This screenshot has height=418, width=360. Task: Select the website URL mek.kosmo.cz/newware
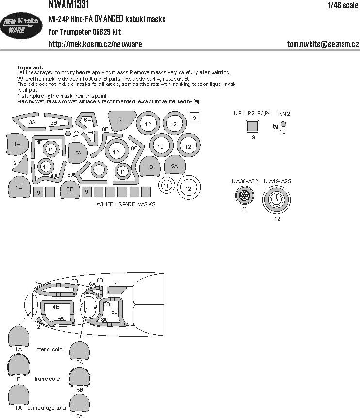(x=95, y=44)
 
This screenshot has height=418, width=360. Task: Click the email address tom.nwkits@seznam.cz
(x=323, y=44)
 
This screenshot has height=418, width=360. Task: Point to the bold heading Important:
(x=30, y=67)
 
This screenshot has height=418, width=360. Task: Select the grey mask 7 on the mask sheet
(x=121, y=120)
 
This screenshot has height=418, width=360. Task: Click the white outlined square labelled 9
(x=194, y=117)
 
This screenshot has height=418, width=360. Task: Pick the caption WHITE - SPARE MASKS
(x=126, y=204)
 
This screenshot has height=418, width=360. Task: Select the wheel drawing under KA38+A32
(x=245, y=197)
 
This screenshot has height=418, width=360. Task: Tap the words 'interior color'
(x=49, y=349)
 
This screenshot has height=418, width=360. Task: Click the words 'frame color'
(x=48, y=378)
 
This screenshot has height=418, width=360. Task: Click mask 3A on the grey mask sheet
(x=30, y=123)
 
